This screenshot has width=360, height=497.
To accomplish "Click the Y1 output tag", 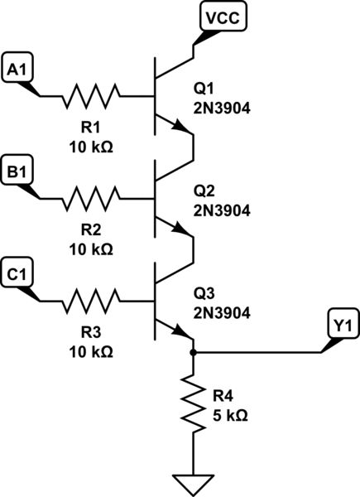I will (339, 327).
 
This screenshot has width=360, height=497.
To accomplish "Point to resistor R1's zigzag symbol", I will (92, 96).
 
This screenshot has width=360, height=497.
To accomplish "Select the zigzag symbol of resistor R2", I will (92, 198).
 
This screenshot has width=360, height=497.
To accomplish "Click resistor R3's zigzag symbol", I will (92, 300).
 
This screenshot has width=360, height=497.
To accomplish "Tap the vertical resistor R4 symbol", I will (193, 403).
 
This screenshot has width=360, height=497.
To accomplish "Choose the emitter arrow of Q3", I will (179, 330).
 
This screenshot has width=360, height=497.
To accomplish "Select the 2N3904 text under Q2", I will (222, 210).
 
